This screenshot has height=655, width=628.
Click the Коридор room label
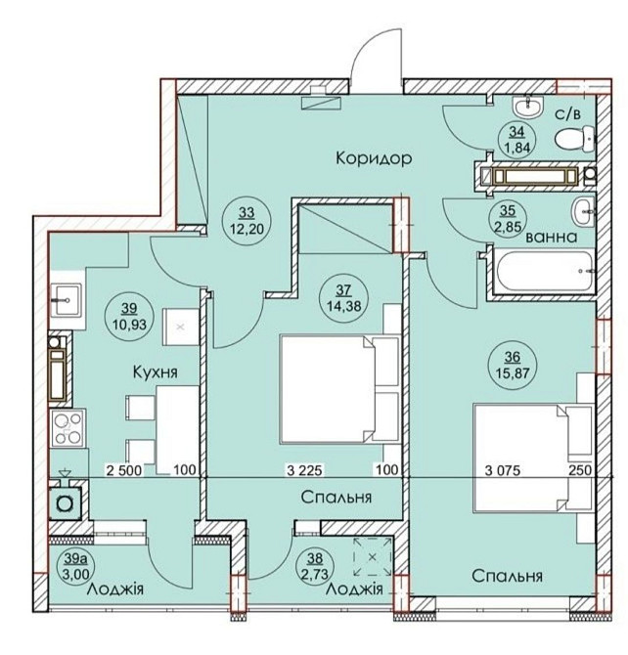(374, 158)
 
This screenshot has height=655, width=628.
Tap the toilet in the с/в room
(575, 140)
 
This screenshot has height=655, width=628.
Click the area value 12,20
(247, 229)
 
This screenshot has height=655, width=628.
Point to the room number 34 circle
(516, 140)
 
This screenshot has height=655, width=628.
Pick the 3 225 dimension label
(305, 471)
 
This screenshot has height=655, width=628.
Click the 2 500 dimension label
(124, 471)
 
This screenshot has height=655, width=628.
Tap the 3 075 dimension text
(503, 471)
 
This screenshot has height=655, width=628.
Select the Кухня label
(156, 371)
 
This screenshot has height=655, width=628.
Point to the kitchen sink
(67, 300)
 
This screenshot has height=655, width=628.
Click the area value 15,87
(513, 372)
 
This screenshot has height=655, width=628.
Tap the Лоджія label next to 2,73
(354, 589)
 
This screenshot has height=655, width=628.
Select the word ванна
(552, 238)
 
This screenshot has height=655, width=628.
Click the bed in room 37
(339, 388)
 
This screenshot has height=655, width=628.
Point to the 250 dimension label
(580, 471)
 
